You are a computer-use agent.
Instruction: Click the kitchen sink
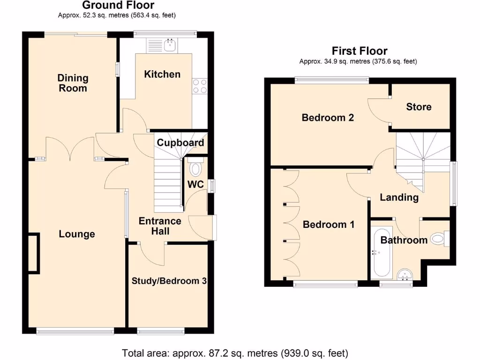pyautogui.click(x=170, y=45)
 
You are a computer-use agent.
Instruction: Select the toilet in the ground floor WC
pyautogui.click(x=195, y=167)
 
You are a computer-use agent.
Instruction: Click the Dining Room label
pyautogui.click(x=73, y=83)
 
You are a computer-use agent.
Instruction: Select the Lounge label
pyautogui.click(x=77, y=234)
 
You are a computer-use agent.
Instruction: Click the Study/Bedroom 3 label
pyautogui.click(x=169, y=281)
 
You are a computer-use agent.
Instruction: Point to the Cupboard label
pyautogui.click(x=180, y=142)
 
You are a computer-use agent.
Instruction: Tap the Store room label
pyautogui.click(x=419, y=107)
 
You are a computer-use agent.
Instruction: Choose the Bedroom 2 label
pyautogui.click(x=328, y=117)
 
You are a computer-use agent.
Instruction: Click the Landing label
pyautogui.click(x=399, y=197)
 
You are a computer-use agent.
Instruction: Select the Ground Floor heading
pyautogui.click(x=118, y=6)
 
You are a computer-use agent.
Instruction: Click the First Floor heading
pyautogui.click(x=360, y=51)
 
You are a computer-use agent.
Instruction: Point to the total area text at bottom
pyautogui.click(x=235, y=352)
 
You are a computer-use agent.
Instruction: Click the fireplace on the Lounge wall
pyautogui.click(x=33, y=253)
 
